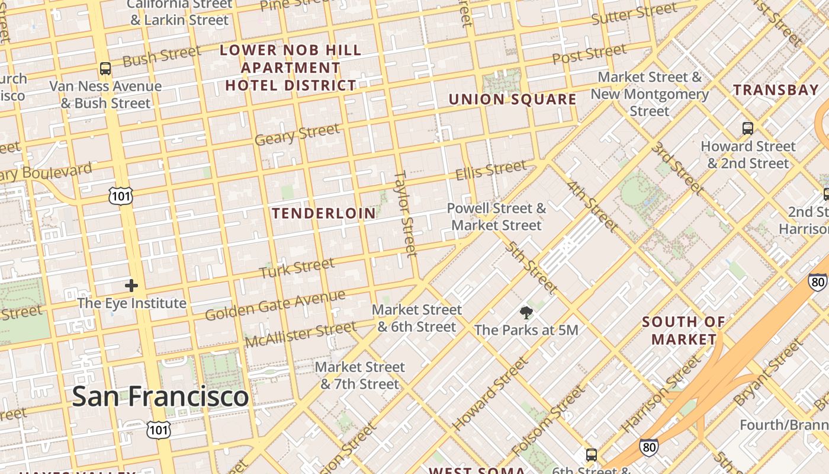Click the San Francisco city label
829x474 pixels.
pos(160,396)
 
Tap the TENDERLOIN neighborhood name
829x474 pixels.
pos(323,213)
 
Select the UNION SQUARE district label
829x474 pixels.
pos(512,100)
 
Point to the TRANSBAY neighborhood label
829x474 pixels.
pos(776,90)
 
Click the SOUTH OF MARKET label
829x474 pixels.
pos(684,331)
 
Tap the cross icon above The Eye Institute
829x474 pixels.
pos(131,286)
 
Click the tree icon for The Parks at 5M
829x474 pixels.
pos(526,313)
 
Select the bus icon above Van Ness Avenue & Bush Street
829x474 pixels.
pos(105,69)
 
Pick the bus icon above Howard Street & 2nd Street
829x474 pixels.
pos(747,128)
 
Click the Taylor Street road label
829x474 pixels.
pos(406,213)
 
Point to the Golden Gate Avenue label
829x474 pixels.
pos(275,305)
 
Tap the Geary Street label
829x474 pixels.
pos(297,134)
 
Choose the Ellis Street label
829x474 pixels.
pos(490,170)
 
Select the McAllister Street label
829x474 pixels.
pos(301,335)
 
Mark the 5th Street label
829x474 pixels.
pos(531,267)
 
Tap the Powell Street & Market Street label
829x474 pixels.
pos(496,217)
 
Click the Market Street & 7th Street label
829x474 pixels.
pos(359,376)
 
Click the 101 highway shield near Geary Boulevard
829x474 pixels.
pos(121,196)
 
